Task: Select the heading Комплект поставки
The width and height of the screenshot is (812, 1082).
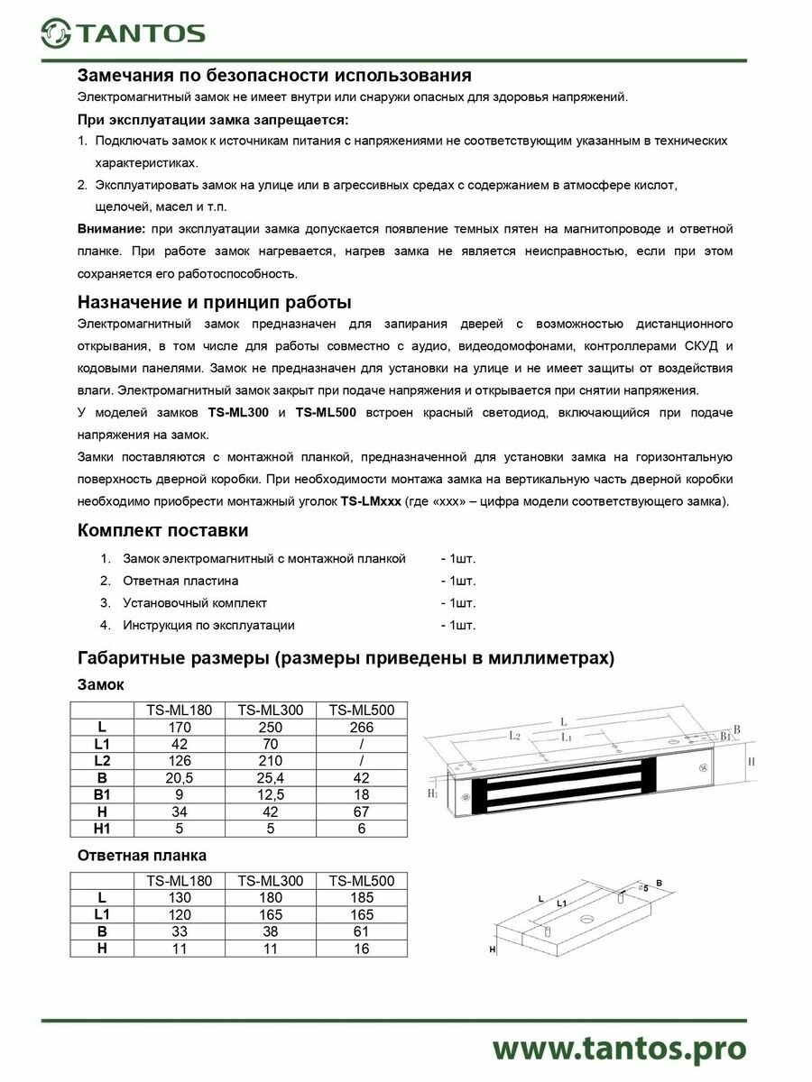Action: (x=162, y=530)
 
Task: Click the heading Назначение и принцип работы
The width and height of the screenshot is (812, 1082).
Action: (x=214, y=301)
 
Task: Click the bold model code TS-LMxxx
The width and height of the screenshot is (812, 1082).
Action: (x=371, y=501)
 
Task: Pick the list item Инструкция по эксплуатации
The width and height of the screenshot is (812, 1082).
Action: (x=208, y=625)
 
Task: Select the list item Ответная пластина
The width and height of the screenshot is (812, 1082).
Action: (x=180, y=581)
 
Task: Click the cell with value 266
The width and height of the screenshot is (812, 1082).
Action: (x=361, y=726)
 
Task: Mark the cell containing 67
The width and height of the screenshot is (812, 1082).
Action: (x=361, y=811)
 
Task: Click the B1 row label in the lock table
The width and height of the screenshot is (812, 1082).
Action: (x=102, y=793)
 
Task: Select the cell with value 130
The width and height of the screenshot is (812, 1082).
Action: (x=179, y=897)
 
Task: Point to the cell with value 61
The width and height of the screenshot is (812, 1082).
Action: (x=361, y=931)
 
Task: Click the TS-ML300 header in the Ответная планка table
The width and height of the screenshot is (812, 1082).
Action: (x=270, y=880)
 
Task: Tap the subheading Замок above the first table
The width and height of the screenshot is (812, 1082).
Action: (x=101, y=684)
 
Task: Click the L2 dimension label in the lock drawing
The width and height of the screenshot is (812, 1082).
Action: (x=514, y=736)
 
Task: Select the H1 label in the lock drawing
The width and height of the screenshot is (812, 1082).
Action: (x=432, y=793)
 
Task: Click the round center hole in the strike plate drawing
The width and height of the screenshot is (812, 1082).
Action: (x=586, y=921)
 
